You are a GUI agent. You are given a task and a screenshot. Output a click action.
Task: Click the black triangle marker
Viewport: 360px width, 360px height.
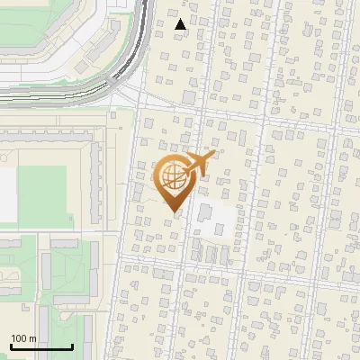181,24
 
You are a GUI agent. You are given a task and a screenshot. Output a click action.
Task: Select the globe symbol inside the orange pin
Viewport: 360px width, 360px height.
172,178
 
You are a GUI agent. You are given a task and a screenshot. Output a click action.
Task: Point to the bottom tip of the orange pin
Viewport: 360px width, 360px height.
172,211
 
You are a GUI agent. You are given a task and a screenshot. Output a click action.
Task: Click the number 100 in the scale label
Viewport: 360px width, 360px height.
19,338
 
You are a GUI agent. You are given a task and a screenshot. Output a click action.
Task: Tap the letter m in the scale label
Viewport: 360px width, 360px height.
32,338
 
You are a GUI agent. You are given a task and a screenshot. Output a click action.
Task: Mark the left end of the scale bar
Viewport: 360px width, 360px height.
11,346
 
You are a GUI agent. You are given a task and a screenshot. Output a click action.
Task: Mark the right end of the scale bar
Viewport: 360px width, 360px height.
72,346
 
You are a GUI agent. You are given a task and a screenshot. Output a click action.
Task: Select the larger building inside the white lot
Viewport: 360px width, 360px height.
204,215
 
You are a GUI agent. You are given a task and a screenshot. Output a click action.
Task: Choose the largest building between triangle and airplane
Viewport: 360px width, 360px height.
190,96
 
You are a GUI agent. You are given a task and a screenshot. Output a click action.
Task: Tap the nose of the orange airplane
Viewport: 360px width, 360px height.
214,154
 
